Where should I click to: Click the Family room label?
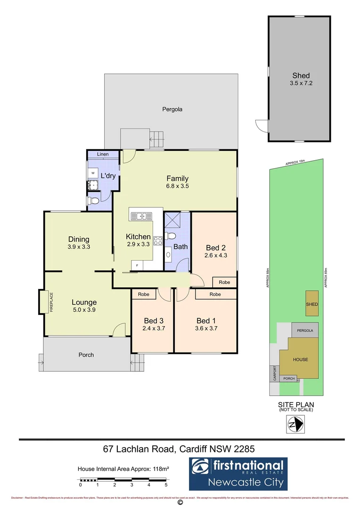(x=177, y=178)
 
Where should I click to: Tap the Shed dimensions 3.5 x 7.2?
(x=301, y=84)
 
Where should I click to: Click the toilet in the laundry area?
(x=94, y=201)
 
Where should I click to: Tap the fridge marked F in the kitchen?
(x=137, y=265)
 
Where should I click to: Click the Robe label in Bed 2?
(x=224, y=282)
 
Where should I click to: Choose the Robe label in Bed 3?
(x=144, y=294)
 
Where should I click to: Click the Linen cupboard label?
(x=103, y=155)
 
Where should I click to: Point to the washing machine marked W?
(x=92, y=172)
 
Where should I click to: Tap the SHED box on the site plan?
(x=312, y=304)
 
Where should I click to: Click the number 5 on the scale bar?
(x=166, y=484)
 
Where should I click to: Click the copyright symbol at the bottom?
(x=180, y=503)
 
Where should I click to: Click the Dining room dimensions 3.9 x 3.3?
(x=79, y=246)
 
